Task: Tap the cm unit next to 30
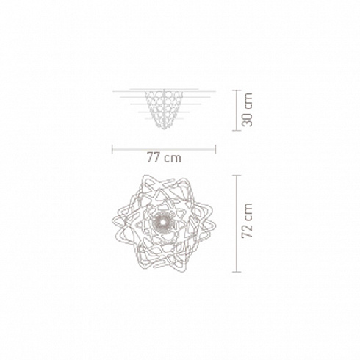[248, 101]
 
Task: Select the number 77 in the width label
[154, 157]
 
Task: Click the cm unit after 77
[173, 158]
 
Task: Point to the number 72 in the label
[247, 231]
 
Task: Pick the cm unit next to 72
[248, 212]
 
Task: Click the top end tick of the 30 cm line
[237, 90]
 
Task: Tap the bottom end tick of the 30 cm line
[237, 130]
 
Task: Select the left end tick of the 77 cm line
[112, 149]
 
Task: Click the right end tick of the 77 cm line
[215, 149]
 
